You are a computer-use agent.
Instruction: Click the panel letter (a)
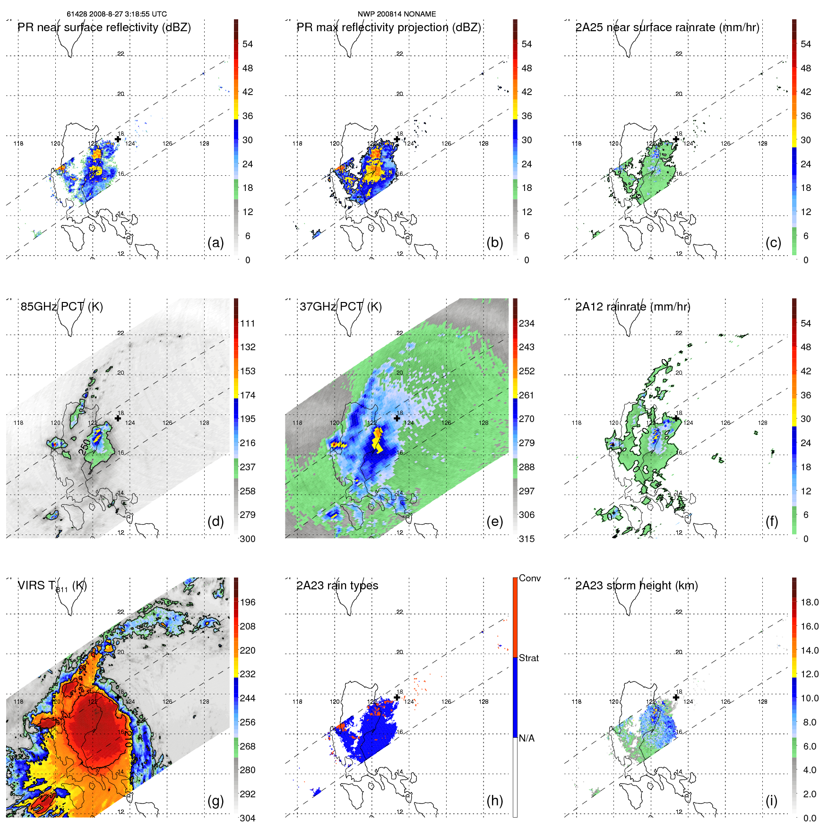216,243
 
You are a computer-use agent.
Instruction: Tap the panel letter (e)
494,522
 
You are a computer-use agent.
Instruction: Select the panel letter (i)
771,801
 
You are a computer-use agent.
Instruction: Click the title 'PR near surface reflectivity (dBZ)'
104,27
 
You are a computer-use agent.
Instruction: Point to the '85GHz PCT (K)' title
62,307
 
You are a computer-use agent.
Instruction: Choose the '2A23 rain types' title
337,586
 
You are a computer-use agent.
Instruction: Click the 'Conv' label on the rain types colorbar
530,578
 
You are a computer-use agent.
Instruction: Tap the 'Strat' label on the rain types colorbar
529,658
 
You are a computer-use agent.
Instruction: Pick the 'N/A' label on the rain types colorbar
527,738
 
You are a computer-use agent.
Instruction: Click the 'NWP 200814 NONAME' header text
397,14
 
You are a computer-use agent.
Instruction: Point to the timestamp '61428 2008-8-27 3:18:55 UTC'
117,14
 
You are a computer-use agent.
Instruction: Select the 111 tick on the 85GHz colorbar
248,324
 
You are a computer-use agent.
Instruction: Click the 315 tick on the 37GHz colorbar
526,539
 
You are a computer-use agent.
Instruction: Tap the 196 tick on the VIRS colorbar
248,603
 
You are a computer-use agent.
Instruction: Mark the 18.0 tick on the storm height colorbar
810,603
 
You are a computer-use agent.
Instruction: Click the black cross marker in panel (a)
118,139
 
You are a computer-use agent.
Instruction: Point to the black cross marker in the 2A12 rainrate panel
676,418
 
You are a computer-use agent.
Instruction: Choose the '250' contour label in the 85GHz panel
85,447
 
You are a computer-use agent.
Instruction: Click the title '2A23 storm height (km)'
637,586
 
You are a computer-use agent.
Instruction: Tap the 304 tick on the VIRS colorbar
248,818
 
